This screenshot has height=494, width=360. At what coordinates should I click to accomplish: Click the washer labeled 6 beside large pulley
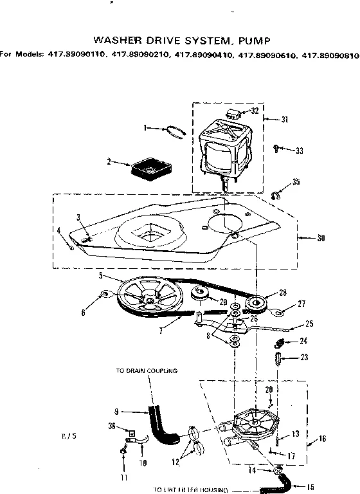pyautogui.click(x=105, y=296)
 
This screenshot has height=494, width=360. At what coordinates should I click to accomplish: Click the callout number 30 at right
pyautogui.click(x=320, y=238)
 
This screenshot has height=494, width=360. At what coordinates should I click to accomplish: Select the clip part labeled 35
pyautogui.click(x=275, y=196)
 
